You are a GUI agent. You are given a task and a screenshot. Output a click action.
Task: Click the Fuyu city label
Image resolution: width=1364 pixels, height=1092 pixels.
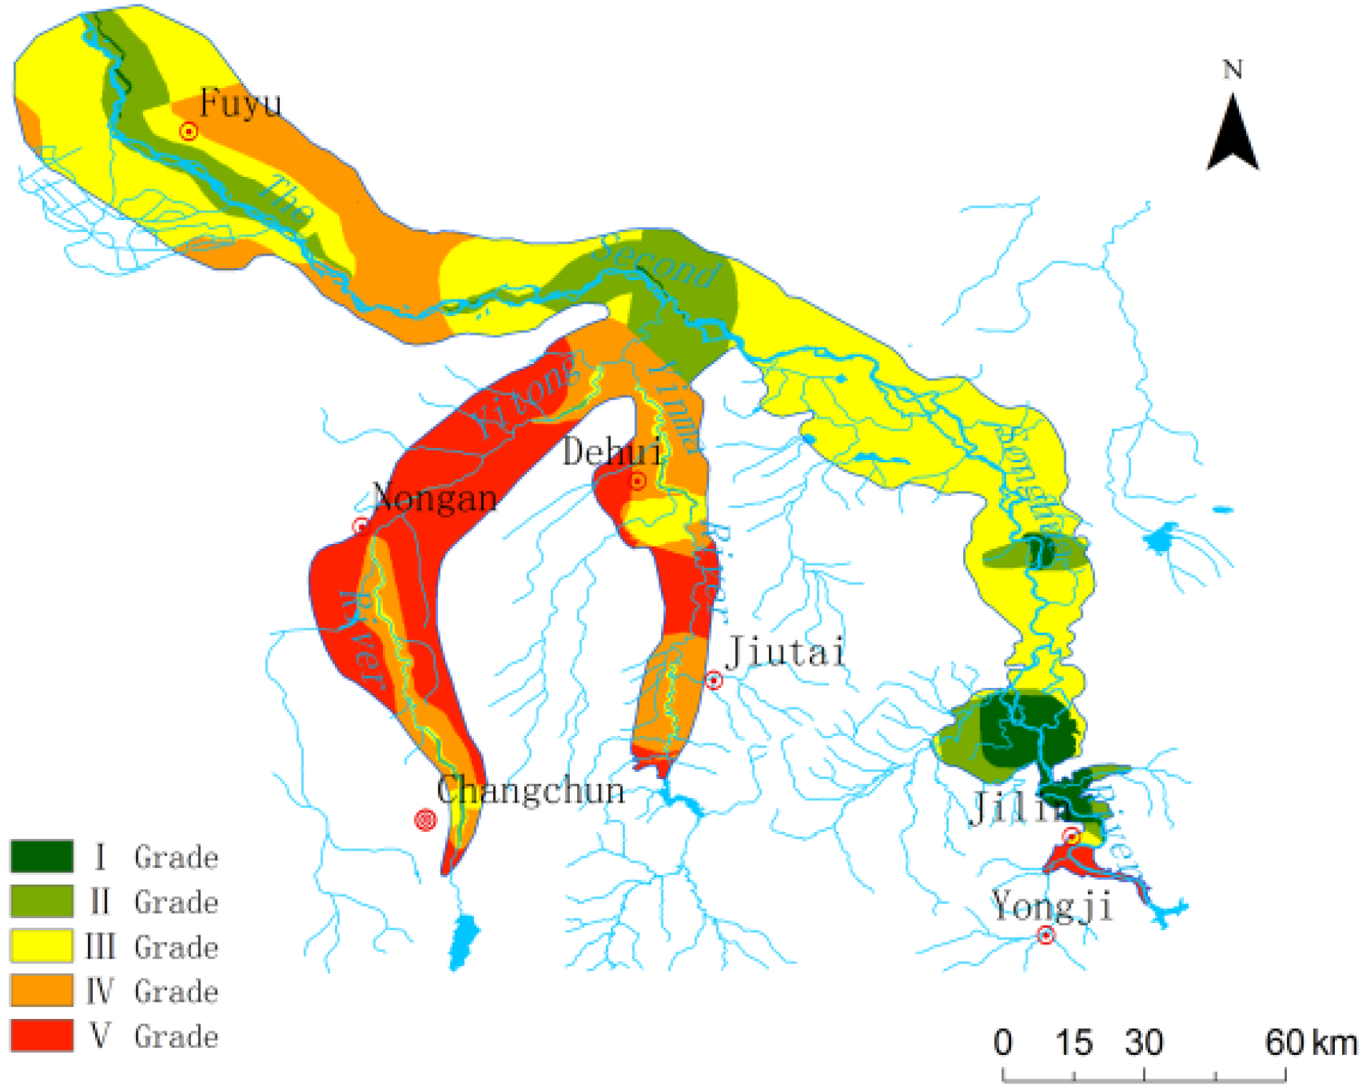[241, 103]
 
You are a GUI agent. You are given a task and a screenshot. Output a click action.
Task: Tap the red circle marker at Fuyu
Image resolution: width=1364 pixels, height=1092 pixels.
[189, 131]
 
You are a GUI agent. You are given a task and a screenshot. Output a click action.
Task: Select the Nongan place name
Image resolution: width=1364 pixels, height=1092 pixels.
[435, 498]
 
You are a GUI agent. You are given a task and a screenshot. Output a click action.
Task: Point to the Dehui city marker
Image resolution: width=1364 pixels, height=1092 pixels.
[638, 480]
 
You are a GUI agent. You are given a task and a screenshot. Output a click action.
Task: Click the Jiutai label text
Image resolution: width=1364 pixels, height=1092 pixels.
[785, 652]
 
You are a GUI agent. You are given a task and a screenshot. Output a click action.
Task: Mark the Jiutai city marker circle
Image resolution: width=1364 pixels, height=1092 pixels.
[714, 680]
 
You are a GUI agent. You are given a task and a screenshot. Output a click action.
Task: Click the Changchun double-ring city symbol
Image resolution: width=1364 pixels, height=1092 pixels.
[425, 820]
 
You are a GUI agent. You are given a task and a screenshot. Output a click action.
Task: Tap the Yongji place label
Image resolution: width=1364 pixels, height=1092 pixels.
[1052, 906]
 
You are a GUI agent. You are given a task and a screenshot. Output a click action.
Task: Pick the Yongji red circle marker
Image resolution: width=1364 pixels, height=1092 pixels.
[1046, 935]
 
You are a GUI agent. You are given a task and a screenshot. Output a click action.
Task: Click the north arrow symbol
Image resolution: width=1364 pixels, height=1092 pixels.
[1233, 134]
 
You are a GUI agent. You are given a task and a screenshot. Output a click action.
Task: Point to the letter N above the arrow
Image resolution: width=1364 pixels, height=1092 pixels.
[1233, 71]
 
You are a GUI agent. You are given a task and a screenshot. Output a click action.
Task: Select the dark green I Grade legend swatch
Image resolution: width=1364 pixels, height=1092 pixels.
[42, 856]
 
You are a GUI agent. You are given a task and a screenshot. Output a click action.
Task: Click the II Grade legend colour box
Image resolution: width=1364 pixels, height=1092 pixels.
[42, 901]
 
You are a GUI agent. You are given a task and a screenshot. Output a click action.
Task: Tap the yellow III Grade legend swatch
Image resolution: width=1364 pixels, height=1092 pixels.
[42, 946]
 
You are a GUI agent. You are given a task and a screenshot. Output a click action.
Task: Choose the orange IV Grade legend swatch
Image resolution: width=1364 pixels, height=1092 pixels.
[42, 991]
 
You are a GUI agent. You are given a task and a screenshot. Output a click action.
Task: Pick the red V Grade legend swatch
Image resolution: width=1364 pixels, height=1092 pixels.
[42, 1035]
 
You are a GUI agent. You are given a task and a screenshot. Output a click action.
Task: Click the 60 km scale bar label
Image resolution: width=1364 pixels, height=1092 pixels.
[1311, 1043]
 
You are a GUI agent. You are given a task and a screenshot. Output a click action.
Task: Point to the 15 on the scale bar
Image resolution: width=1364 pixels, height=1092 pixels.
[1073, 1043]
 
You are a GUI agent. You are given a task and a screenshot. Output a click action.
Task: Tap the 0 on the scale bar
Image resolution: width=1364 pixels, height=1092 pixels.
[1002, 1043]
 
